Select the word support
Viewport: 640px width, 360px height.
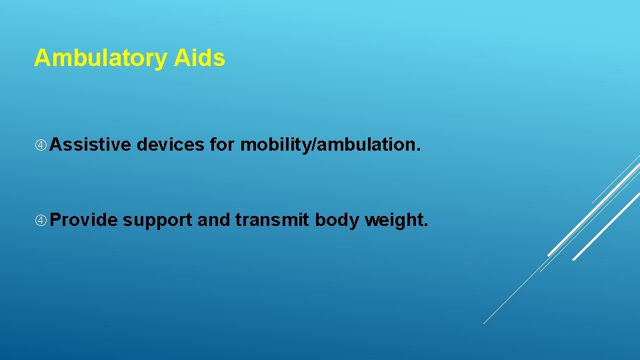coord(158,221)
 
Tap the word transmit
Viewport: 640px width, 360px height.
coord(273,220)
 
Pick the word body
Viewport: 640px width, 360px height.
coord(337,221)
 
